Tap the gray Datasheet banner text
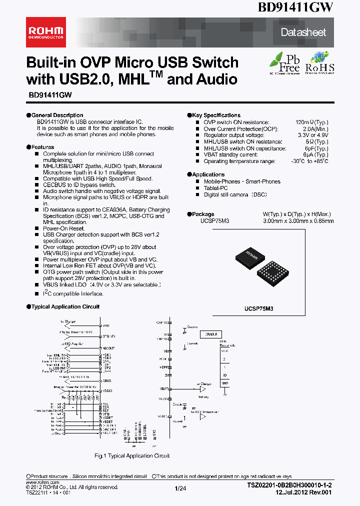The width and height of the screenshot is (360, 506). click(x=303, y=32)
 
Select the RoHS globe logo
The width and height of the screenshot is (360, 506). click(x=319, y=61)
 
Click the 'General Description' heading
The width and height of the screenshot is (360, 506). click(x=57, y=115)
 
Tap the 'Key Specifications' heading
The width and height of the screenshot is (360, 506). click(x=215, y=115)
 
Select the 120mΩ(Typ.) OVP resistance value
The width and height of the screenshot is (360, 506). click(x=311, y=122)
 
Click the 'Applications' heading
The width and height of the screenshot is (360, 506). click(x=208, y=174)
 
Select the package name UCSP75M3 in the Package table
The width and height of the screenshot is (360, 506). click(x=214, y=220)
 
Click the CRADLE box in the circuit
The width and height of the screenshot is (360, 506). click(x=211, y=334)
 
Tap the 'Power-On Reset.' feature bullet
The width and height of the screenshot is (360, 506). click(x=60, y=228)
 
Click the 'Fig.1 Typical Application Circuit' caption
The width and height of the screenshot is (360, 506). click(x=132, y=455)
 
